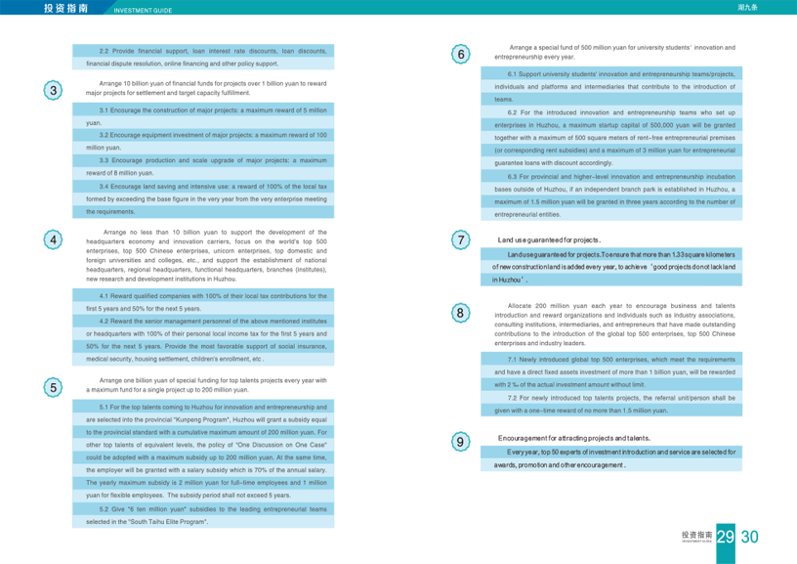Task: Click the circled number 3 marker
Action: pos(55,90)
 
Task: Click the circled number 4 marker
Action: pos(55,239)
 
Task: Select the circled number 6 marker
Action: pos(461,55)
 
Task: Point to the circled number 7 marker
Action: pos(461,239)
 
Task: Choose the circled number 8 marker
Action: pos(461,314)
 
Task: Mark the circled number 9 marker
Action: pos(461,441)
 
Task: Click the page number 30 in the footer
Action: pos(750,537)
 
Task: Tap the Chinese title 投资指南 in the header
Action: pos(65,8)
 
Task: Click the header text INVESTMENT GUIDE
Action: pos(143,11)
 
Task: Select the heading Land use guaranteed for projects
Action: pos(549,239)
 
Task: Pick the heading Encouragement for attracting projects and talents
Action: pos(573,439)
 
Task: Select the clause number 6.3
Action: pos(513,176)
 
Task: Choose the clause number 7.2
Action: pos(513,398)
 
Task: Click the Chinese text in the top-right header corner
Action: pos(776,7)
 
